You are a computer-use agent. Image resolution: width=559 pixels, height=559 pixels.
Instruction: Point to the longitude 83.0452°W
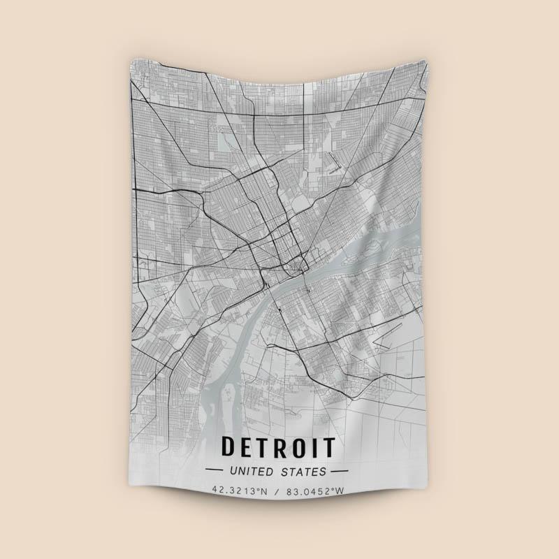(314, 491)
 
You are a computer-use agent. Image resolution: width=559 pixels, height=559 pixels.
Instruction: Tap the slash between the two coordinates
(277, 491)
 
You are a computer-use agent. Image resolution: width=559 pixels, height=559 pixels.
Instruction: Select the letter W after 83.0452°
(340, 491)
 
